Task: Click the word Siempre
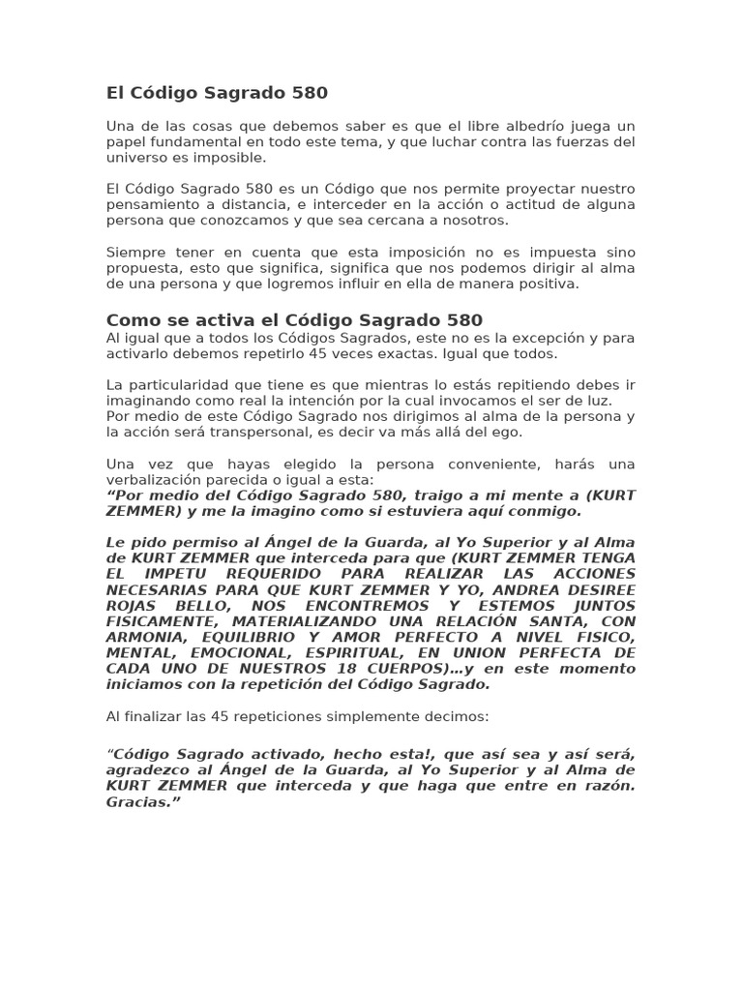click(x=134, y=253)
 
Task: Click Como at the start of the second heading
click(x=131, y=320)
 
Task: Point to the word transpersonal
click(x=294, y=432)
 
